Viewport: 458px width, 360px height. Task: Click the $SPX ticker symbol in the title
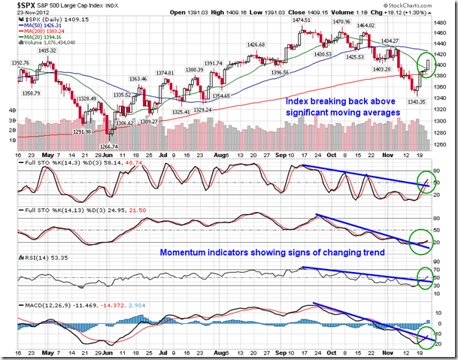15,5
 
